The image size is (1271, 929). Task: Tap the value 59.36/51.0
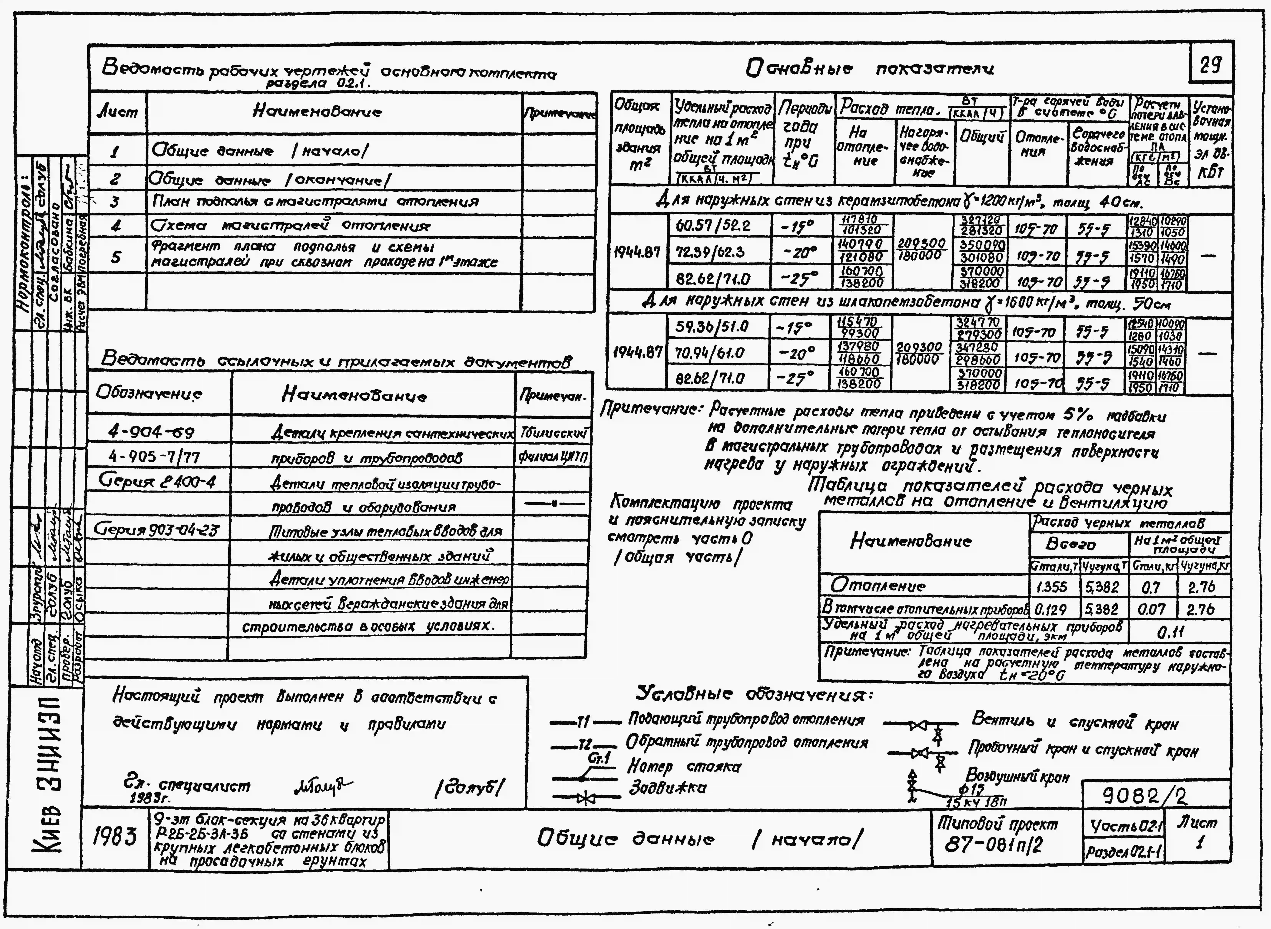712,327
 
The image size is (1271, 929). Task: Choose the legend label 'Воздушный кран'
1017,777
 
